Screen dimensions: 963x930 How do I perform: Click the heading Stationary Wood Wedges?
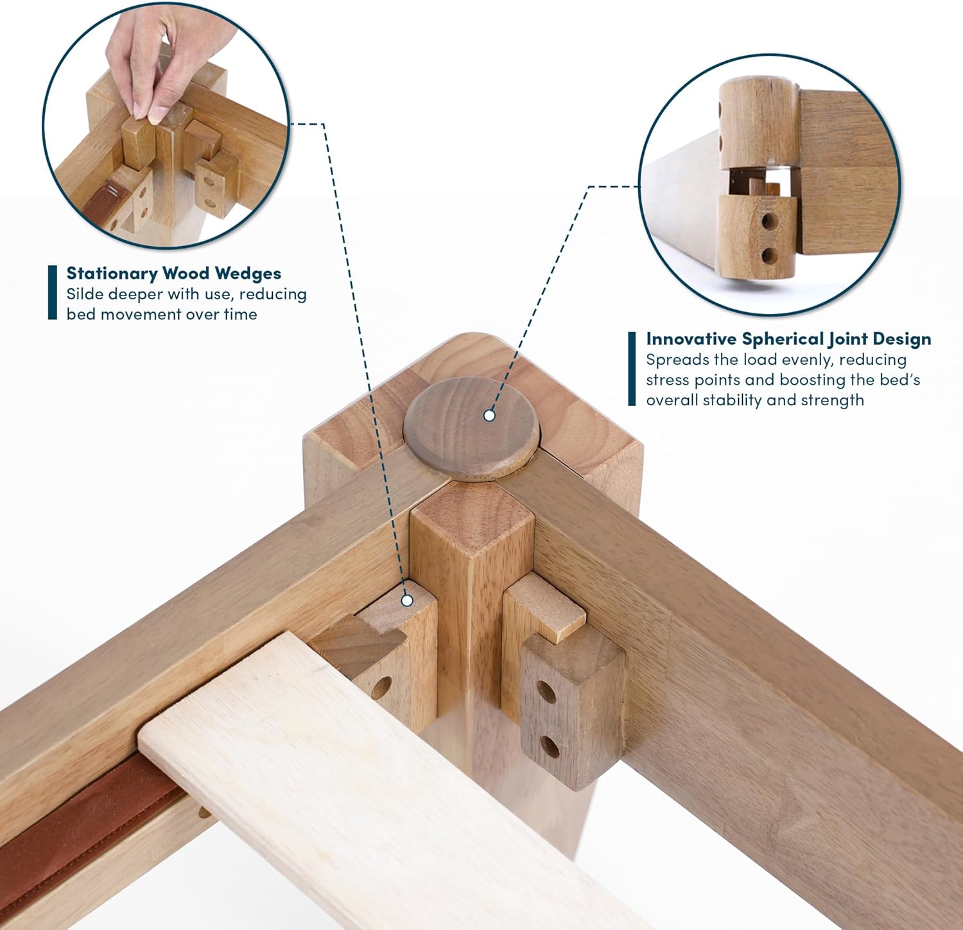[x=174, y=273]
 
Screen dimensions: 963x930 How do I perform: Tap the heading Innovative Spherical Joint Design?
[x=788, y=338]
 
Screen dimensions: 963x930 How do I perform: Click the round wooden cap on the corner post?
[x=472, y=428]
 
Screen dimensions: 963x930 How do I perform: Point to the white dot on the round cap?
[x=489, y=416]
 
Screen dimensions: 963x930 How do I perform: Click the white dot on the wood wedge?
[x=406, y=601]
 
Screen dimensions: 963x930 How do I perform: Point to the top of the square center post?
[x=472, y=522]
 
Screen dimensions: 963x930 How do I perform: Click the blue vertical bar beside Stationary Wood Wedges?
[x=53, y=292]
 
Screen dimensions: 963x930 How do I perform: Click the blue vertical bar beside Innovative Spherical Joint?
[x=632, y=369]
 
